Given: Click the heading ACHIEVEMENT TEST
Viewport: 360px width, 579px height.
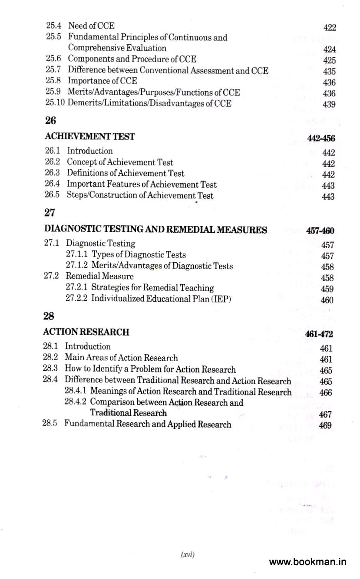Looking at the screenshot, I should [x=89, y=137].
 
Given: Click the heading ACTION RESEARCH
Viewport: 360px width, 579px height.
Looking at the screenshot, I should [x=86, y=332].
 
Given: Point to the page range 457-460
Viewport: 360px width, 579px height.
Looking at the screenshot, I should [x=320, y=230].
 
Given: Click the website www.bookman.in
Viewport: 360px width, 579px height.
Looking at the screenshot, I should [x=307, y=562].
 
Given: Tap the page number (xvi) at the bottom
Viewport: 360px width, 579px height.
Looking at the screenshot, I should [x=188, y=554].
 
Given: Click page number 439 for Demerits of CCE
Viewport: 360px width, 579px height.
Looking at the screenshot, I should [x=329, y=104].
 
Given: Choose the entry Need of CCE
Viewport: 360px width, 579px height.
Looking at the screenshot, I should [x=91, y=26].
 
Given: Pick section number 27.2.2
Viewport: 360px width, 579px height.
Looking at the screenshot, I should [x=77, y=299].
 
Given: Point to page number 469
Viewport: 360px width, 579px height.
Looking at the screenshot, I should [x=325, y=425].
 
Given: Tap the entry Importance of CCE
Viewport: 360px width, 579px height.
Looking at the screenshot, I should [x=102, y=81].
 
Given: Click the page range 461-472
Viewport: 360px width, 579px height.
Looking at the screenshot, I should [x=319, y=334].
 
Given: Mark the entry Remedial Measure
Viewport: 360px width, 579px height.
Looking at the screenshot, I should [x=99, y=276].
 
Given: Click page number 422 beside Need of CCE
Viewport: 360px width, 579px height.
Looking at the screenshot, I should [x=330, y=28].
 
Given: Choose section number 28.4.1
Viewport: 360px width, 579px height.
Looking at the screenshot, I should [x=76, y=391].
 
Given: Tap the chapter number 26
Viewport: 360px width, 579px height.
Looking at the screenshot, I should [x=50, y=121].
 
